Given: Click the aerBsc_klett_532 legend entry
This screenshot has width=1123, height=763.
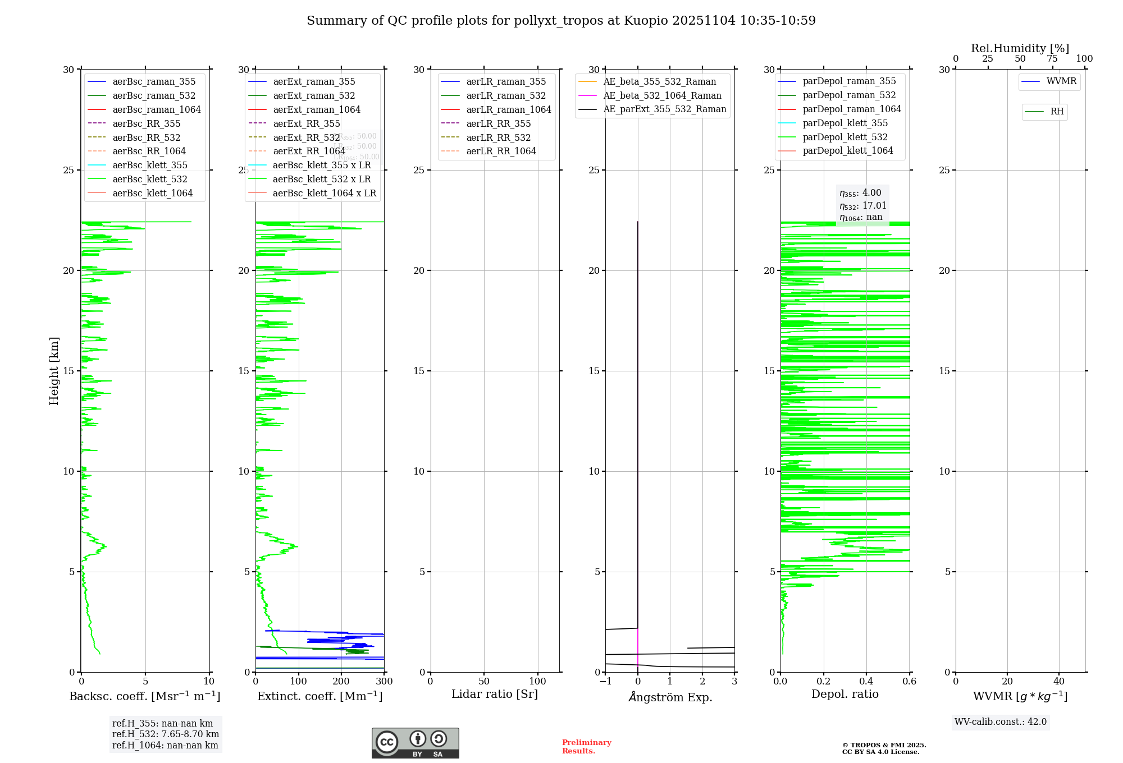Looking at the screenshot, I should click(x=150, y=179).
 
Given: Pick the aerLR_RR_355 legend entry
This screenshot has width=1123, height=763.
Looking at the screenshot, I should click(x=498, y=123).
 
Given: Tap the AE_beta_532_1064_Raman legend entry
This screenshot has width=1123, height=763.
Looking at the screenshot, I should click(x=662, y=95).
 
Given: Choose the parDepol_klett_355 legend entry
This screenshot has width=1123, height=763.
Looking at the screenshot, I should click(x=845, y=123).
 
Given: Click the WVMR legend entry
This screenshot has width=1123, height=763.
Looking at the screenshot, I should click(x=1061, y=81).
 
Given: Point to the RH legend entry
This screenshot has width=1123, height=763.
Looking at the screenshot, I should click(x=1057, y=112).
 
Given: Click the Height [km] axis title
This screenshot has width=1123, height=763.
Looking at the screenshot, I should click(x=54, y=371).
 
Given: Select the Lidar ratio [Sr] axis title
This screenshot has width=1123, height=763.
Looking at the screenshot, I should click(x=495, y=694).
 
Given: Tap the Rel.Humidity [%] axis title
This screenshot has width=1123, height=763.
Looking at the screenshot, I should click(x=1020, y=48).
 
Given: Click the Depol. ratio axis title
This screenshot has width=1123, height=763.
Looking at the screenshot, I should click(x=844, y=694).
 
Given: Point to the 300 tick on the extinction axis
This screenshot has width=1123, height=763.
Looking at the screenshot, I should click(x=385, y=682).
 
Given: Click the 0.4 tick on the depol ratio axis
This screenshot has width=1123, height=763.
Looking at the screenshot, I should click(x=866, y=682).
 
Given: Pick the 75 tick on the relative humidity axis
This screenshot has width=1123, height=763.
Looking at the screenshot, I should click(x=1052, y=59).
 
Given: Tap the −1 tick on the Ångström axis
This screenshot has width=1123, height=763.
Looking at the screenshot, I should click(x=605, y=682).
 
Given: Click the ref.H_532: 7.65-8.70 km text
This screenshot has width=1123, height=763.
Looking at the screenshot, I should click(x=166, y=734).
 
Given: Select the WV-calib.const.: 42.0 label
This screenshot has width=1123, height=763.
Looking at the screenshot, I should click(x=1001, y=722).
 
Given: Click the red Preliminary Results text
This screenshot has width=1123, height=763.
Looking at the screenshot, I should click(x=586, y=747).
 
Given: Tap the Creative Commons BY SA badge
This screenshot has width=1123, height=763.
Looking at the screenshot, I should click(x=415, y=743).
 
